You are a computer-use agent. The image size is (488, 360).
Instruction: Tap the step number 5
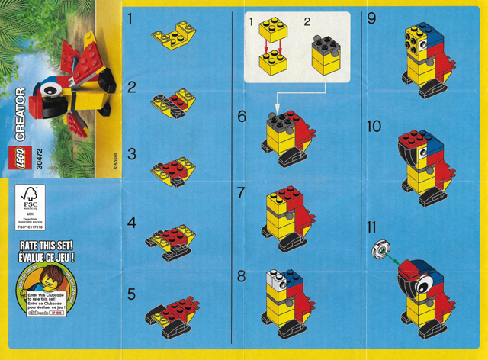pyautogui.click(x=132, y=293)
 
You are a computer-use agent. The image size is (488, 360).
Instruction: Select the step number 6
pyautogui.click(x=242, y=117)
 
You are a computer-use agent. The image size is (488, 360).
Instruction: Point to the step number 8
pyautogui.click(x=242, y=275)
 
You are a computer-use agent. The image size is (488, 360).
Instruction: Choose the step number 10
pyautogui.click(x=374, y=127)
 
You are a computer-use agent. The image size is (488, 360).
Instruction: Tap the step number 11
pyautogui.click(x=372, y=227)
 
